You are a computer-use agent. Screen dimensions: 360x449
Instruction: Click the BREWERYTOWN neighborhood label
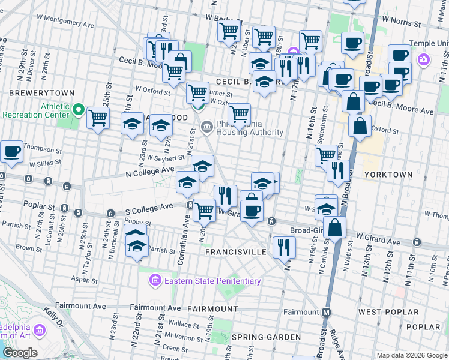(41, 93)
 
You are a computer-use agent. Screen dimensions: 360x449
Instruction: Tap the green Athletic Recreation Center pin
(79, 110)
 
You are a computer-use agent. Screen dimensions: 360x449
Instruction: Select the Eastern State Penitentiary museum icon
(155, 280)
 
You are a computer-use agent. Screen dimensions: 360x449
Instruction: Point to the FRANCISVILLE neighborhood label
(236, 252)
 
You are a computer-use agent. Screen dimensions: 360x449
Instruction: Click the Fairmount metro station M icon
(327, 312)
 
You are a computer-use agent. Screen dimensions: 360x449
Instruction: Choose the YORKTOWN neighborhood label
(388, 174)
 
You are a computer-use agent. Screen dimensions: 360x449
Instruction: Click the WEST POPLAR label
(388, 312)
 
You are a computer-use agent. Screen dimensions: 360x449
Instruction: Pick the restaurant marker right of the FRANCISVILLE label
(284, 245)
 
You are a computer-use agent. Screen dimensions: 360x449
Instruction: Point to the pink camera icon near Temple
(424, 59)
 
